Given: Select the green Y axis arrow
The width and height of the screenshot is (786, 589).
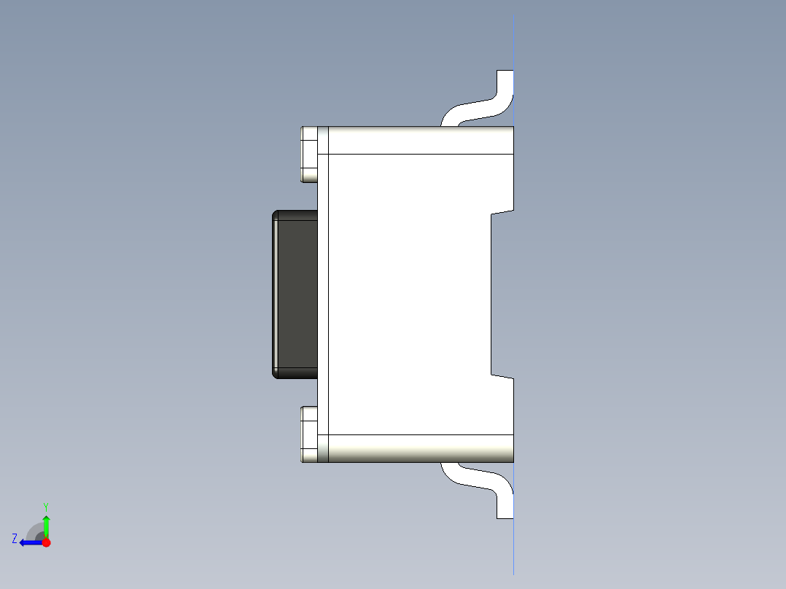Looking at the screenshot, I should pyautogui.click(x=46, y=525).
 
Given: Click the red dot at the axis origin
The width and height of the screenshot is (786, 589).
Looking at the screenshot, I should pyautogui.click(x=46, y=542).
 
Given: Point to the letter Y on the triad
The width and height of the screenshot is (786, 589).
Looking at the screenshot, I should pyautogui.click(x=46, y=506).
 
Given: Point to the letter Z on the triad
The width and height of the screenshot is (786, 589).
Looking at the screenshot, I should pyautogui.click(x=15, y=539).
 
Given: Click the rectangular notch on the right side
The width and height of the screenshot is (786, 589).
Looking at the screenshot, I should pyautogui.click(x=502, y=294).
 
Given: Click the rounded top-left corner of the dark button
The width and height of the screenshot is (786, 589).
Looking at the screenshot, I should pyautogui.click(x=276, y=214).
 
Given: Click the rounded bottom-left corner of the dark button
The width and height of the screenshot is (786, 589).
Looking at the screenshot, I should pyautogui.click(x=276, y=374).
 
